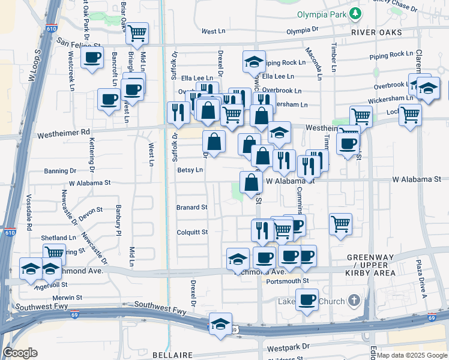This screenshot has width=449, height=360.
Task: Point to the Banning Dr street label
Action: tap(60, 170)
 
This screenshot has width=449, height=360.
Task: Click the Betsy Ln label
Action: tap(190, 170)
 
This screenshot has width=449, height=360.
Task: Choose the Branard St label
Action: tap(191, 208)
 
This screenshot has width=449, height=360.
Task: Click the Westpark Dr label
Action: tap(288, 347)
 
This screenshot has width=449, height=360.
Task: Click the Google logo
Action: tap(20, 353)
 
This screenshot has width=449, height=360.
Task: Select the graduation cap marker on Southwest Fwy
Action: tap(220, 323)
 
